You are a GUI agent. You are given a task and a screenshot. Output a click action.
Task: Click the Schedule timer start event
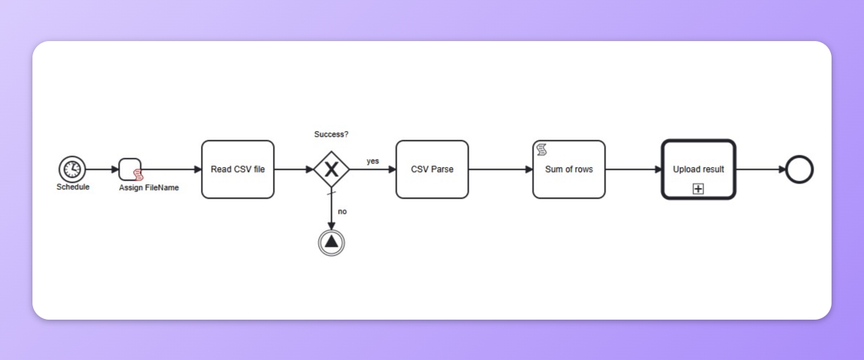point(72,169)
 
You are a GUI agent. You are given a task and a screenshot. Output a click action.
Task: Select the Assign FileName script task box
point(129,169)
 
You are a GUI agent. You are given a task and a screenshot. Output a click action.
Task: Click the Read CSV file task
point(238,169)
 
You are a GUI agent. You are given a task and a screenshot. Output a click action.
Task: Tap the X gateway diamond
point(331,169)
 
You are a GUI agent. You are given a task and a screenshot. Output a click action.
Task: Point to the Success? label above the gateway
point(331,135)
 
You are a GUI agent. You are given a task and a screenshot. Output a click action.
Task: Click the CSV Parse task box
point(432,169)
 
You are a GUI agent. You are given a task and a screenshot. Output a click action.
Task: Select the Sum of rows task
point(569,169)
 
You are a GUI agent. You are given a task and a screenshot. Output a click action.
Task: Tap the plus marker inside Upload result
point(698,189)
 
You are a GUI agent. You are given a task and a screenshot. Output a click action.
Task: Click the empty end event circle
point(799,169)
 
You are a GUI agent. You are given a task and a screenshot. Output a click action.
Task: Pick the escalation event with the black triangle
point(331,242)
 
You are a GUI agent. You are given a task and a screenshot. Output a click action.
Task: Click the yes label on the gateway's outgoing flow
point(372,161)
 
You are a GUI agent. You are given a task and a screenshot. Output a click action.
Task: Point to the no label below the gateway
point(342,212)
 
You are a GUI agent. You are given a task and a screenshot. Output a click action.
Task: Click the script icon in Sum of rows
point(542,150)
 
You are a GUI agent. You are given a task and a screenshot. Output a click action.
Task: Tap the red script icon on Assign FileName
point(138,176)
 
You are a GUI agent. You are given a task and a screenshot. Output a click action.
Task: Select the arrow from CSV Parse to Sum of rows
point(500,169)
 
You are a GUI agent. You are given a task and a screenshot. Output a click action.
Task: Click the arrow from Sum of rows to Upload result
point(634,169)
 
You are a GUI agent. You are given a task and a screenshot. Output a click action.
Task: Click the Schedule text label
point(73,187)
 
